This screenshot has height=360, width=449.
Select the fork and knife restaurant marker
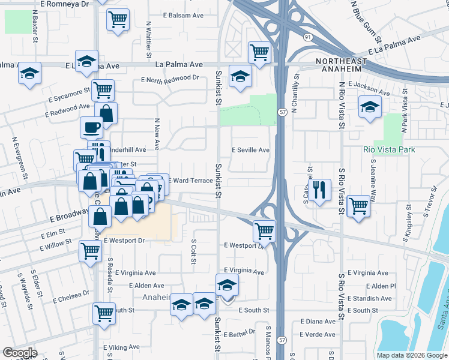click(319, 190)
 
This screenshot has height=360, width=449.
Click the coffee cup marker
click(92, 127)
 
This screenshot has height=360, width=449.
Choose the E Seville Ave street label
click(250, 150)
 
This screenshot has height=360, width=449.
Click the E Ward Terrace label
click(190, 180)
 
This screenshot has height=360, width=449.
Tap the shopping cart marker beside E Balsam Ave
click(118, 19)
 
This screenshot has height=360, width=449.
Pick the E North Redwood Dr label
click(170, 79)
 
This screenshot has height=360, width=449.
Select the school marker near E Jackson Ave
click(370, 108)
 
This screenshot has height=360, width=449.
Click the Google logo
click(20, 352)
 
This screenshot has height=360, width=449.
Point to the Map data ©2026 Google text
click(412, 355)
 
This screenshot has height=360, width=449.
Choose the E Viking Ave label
click(121, 347)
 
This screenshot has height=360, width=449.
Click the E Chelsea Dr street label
click(71, 296)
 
